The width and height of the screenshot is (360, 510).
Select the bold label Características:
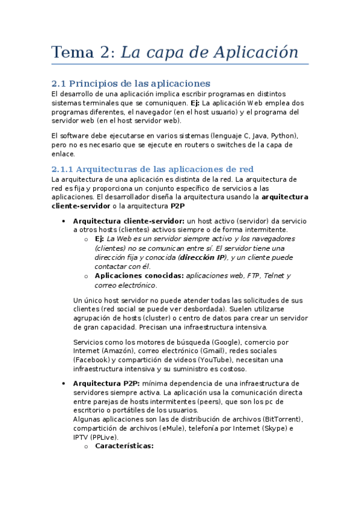tap(124, 446)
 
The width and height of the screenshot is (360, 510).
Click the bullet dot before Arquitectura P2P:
tap(63, 383)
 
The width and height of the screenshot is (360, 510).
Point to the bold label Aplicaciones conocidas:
tap(139, 275)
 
